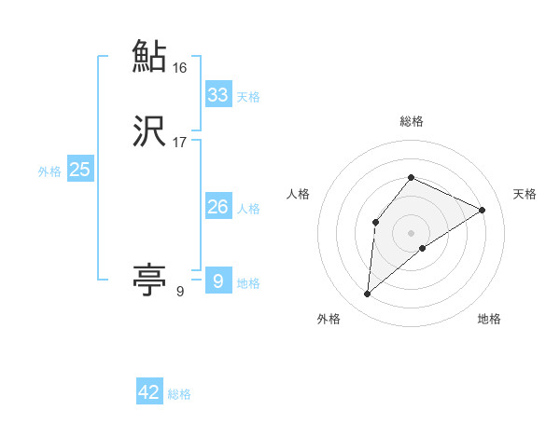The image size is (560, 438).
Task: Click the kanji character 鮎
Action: (150, 56)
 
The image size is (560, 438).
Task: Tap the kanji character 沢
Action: (150, 131)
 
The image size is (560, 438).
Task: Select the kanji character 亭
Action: (150, 279)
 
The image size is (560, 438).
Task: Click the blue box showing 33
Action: (218, 94)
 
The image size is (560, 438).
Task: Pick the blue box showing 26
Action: (218, 207)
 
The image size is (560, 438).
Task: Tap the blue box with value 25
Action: (79, 170)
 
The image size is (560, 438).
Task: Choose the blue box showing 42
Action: (149, 392)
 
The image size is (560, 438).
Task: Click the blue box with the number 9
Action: (217, 281)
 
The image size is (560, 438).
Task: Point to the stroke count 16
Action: (180, 68)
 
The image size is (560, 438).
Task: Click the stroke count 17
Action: (180, 143)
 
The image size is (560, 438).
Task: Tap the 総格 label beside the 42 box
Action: (179, 394)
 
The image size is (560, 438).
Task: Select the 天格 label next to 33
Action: (248, 96)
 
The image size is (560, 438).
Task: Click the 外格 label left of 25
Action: (49, 171)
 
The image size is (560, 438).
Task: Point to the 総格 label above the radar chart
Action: (411, 121)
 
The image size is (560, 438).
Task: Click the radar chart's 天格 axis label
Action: (525, 194)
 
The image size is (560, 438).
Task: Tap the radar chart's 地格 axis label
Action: (489, 319)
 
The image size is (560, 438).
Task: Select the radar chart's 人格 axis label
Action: (298, 194)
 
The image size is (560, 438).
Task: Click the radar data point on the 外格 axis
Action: (368, 294)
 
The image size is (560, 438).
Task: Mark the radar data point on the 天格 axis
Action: (483, 210)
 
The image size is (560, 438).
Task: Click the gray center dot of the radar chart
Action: (411, 232)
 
